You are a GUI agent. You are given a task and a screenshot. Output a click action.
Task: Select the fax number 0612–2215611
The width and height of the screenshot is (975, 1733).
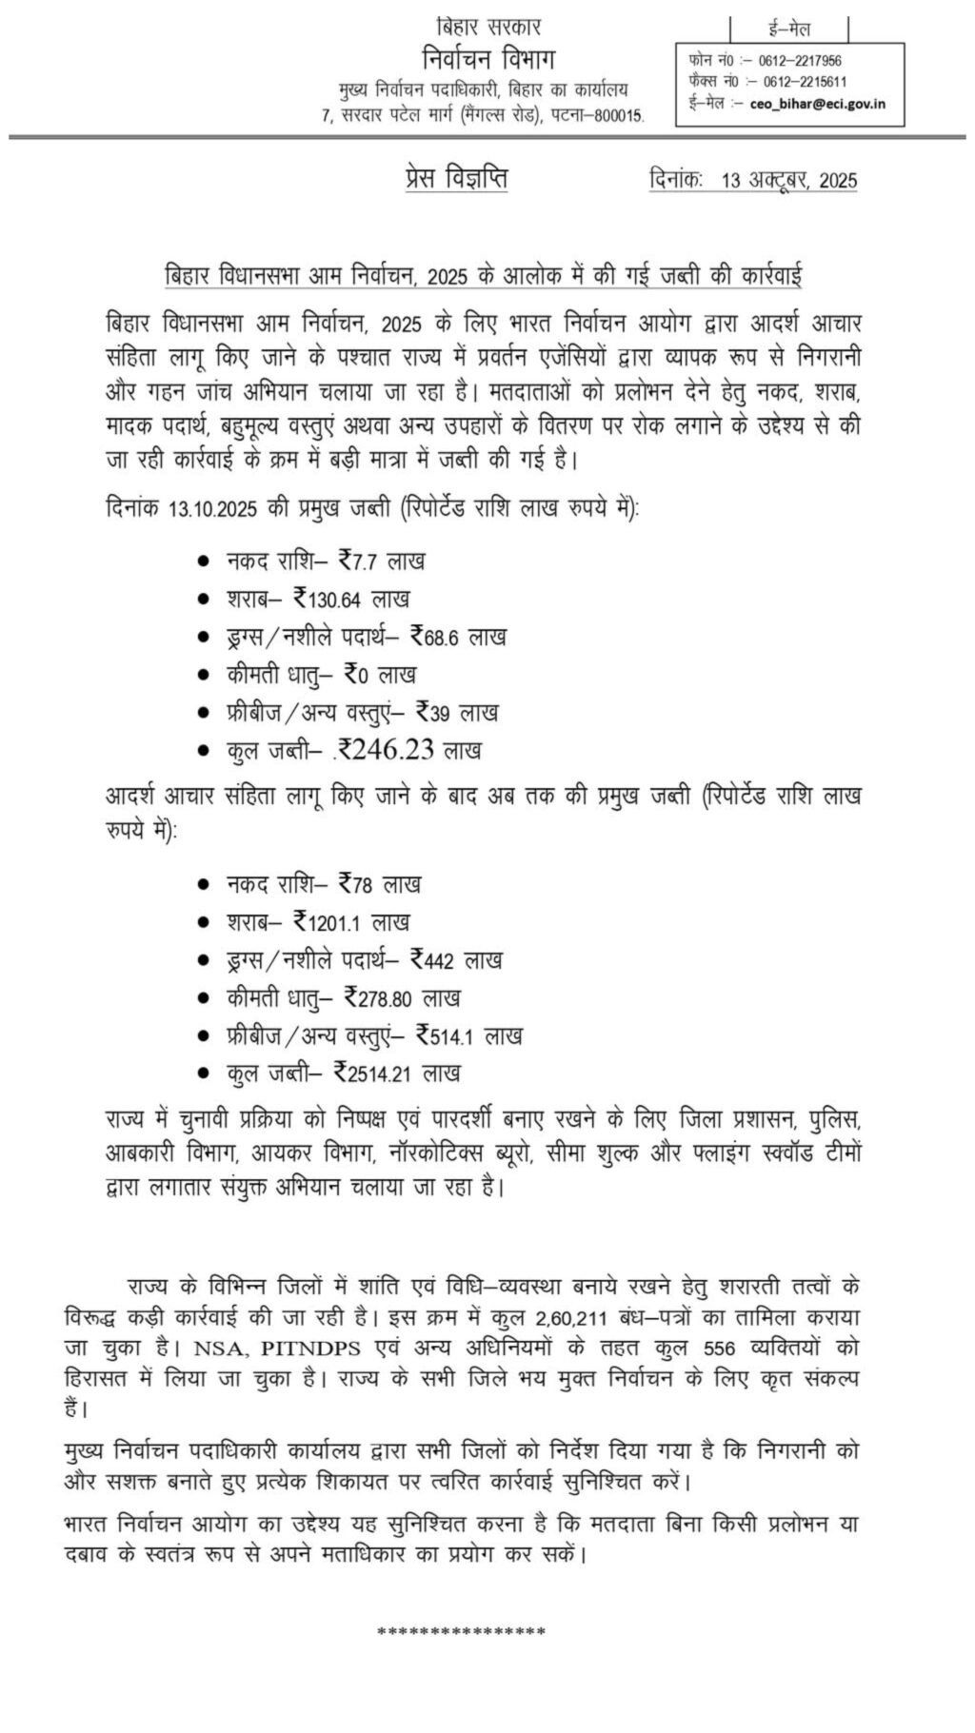click(803, 82)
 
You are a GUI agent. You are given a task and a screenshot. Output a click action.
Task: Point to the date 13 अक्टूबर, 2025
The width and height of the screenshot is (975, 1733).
click(789, 180)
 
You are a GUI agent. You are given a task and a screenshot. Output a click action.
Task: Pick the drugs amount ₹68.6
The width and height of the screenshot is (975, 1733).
click(434, 637)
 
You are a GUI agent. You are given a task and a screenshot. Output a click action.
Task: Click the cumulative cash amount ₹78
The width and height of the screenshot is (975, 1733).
click(354, 884)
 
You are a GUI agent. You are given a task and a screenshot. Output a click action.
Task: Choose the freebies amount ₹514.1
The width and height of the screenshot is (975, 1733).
click(447, 1035)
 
